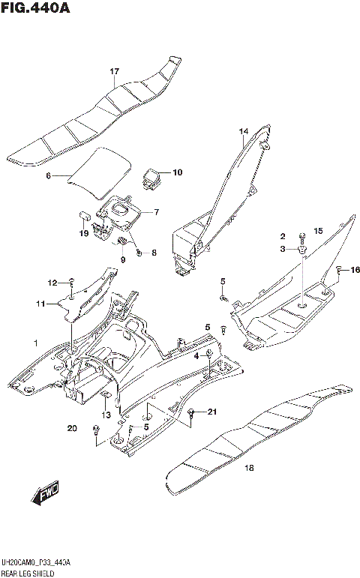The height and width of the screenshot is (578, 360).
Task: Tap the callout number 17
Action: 115,71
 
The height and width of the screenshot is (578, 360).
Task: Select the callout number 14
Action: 243,131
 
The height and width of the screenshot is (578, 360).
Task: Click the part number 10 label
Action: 177,172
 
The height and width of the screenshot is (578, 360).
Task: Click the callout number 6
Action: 48,176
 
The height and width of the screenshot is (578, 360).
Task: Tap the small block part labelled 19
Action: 85,217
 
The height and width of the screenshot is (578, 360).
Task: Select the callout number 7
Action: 155,212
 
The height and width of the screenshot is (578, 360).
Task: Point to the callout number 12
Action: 52,283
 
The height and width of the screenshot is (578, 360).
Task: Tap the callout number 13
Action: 106,415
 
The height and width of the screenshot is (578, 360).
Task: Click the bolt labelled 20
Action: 96,430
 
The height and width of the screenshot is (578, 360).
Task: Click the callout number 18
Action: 249,469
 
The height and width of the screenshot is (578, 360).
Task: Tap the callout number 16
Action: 355,269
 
